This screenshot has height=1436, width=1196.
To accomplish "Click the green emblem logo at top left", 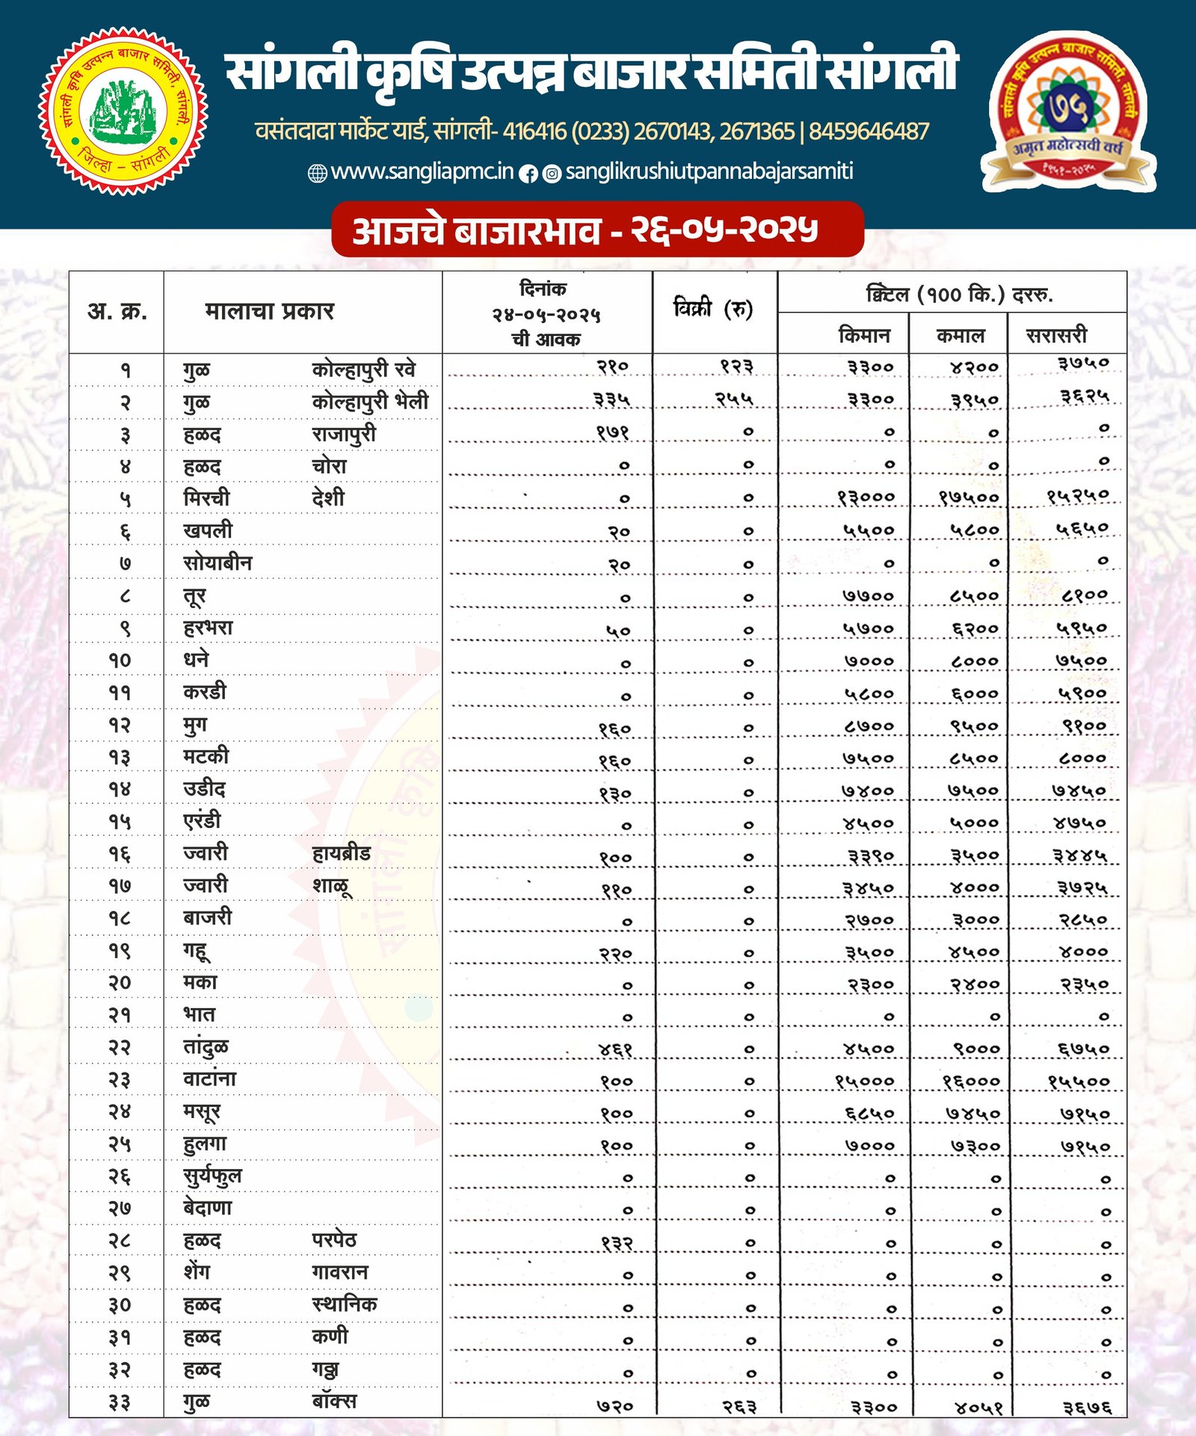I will [123, 111].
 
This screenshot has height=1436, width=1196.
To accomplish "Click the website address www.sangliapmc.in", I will [422, 172].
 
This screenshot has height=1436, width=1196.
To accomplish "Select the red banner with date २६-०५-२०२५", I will [597, 230].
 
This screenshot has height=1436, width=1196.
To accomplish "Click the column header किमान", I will [864, 335].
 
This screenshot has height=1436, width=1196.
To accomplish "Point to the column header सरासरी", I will [1056, 335].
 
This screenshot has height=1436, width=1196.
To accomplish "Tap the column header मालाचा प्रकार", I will [269, 310].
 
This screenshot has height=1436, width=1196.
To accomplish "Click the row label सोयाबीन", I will [218, 562].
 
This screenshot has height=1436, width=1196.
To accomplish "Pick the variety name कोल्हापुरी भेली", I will [370, 402].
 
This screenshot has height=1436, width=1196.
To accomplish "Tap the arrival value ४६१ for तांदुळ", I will [615, 1049].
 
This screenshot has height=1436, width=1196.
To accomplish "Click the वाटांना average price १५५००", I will [1078, 1081].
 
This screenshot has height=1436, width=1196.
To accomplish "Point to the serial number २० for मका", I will [120, 983].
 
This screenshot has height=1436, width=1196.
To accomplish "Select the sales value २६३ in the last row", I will [739, 1407].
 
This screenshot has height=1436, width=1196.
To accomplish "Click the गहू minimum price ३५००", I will [869, 953].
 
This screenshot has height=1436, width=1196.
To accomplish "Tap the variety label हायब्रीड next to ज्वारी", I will [341, 853].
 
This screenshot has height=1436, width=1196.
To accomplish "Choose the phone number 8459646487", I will [869, 132].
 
